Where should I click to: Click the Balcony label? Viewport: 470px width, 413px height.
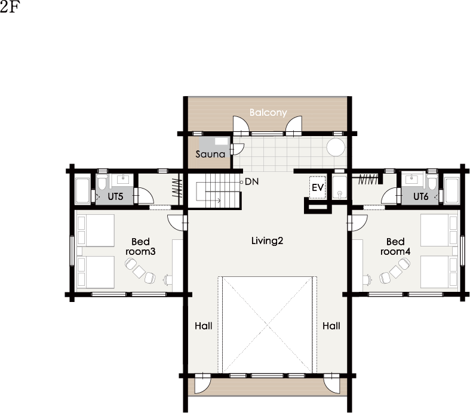point(268,113)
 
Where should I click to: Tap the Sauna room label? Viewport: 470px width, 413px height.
point(210,154)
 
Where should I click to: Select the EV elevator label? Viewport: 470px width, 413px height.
point(318,187)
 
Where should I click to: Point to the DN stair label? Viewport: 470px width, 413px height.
point(251,181)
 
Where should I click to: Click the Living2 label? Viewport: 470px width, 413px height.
point(267,241)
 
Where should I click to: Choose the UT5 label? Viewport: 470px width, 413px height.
point(115,196)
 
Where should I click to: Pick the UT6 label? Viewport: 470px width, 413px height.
point(421,196)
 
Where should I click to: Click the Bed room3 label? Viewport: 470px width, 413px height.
point(140,246)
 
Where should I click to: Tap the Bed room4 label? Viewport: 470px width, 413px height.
point(395,246)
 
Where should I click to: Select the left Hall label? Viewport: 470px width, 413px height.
point(203,326)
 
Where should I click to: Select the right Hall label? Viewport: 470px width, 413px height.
point(331,326)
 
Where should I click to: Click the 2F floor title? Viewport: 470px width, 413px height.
point(10,8)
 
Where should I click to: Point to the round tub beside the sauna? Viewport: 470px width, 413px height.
point(336,147)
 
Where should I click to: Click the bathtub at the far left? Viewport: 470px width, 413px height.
point(82,191)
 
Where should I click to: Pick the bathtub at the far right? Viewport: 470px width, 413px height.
point(451,191)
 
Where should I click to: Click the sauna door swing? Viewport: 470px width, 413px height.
point(238,149)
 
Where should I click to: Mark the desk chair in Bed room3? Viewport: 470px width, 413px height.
point(167,280)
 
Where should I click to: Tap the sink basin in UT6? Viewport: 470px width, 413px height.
point(411,179)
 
